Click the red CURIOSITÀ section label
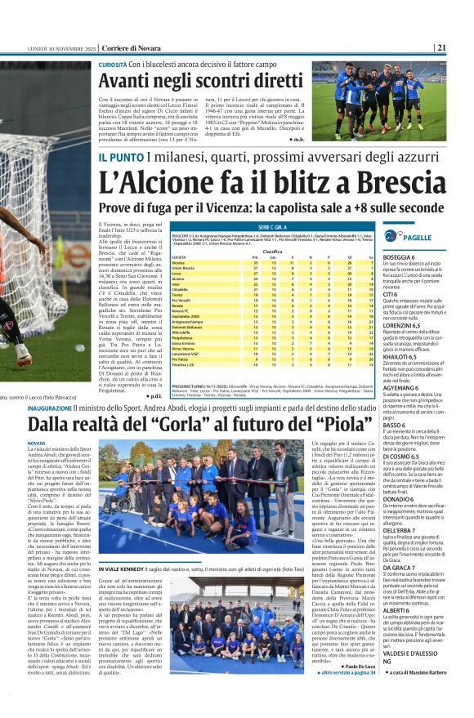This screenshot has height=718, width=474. [113, 63]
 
